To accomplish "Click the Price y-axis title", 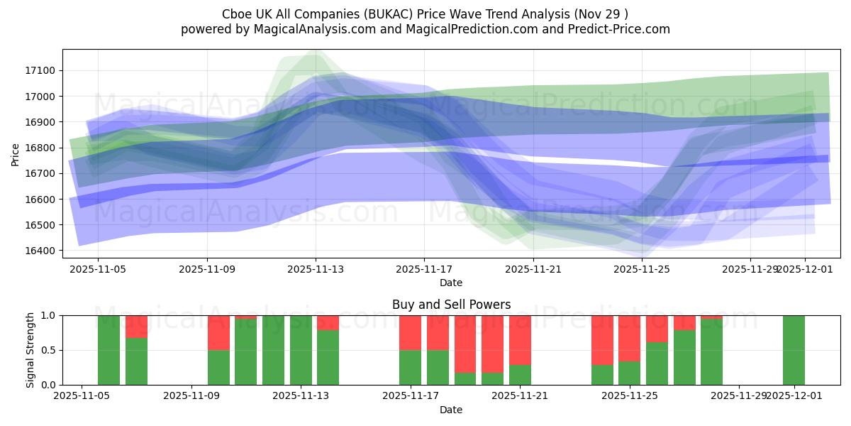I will tap(15, 153).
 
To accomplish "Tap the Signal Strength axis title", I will tap(30, 350).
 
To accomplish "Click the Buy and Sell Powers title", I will tap(451, 305).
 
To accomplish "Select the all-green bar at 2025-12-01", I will tap(794, 350).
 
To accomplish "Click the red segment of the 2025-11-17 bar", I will tap(410, 332).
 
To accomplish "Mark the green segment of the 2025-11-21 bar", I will tap(520, 375).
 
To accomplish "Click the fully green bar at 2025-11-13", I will tap(301, 350).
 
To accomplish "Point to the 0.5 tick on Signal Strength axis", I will tap(50, 350).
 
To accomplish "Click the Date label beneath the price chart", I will tap(451, 283).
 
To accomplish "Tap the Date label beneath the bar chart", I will tap(451, 410).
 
